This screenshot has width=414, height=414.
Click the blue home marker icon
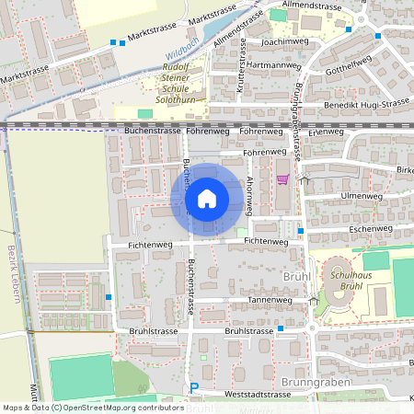point(206,199)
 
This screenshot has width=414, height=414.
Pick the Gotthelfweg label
point(348,68)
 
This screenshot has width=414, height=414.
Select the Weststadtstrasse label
point(251,394)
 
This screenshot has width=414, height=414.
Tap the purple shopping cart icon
point(282,179)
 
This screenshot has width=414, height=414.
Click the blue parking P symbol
point(193,388)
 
